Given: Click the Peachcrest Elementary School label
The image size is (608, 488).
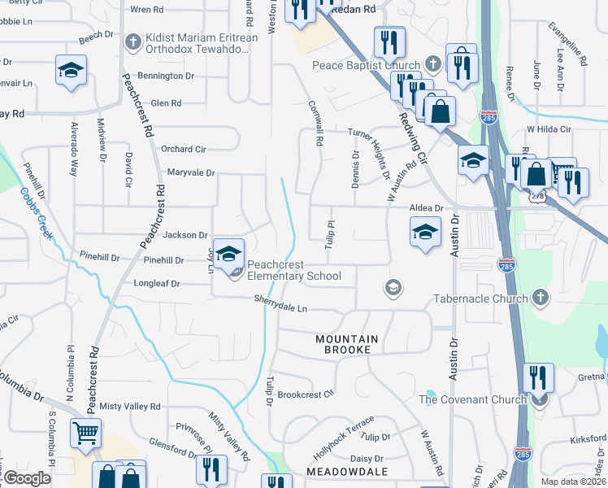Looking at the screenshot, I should tap(294, 270).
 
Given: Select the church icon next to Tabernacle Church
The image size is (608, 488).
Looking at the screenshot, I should tap(541, 298).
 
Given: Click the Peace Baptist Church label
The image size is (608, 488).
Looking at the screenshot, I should tap(367, 65).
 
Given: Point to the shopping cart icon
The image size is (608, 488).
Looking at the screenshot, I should tap(85, 433).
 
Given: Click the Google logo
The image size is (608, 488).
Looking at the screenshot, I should tap(26, 478).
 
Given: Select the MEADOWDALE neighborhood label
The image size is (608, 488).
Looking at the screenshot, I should tap(344, 471).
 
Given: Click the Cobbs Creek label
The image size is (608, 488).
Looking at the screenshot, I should tap(36, 213).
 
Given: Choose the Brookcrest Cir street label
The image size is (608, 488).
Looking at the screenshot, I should tap(306, 394).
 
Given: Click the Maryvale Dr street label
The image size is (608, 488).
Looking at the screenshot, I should tap(190, 172).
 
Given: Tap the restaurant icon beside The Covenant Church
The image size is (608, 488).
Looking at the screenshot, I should tap(538, 378).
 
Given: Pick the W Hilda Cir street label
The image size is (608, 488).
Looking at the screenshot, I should tap(549, 129).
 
